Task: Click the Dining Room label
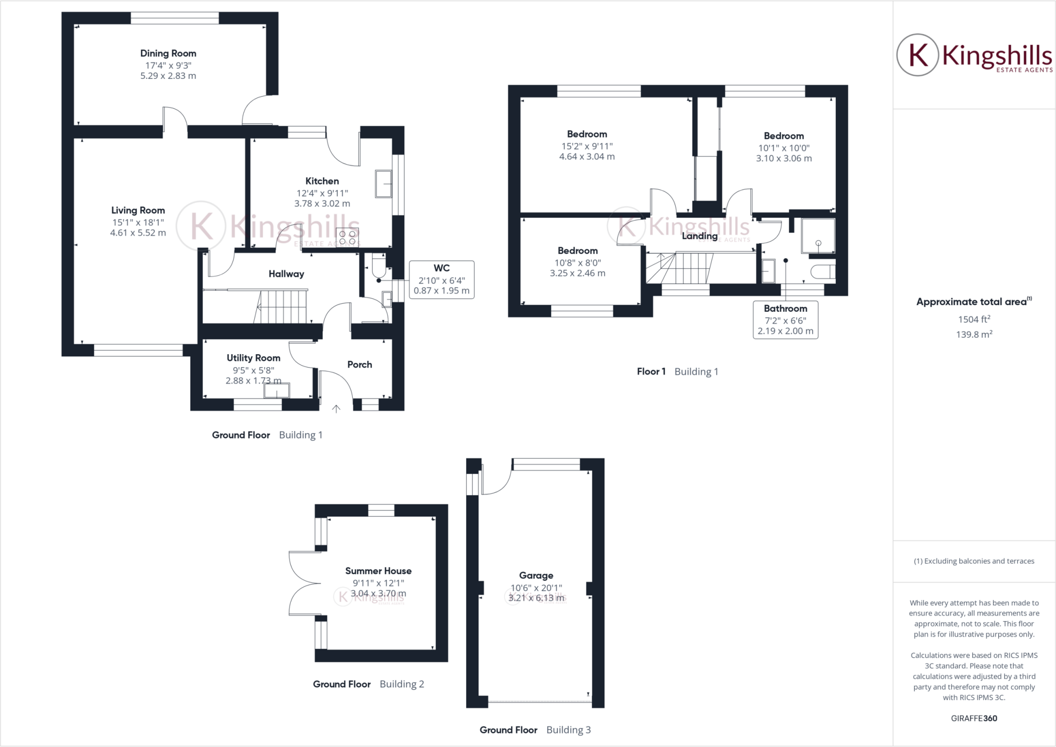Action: click(168, 53)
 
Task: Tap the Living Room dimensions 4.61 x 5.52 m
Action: click(138, 233)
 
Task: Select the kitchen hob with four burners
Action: click(347, 238)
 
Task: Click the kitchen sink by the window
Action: click(383, 184)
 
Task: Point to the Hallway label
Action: click(286, 274)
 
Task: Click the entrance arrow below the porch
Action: click(336, 409)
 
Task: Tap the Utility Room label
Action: click(254, 358)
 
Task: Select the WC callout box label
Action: click(441, 268)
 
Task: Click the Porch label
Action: click(359, 364)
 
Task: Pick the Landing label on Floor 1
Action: click(700, 236)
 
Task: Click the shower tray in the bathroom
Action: click(818, 236)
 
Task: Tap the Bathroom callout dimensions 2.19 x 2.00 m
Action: click(785, 331)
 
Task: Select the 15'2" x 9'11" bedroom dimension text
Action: click(587, 146)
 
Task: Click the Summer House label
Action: click(378, 571)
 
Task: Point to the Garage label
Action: click(536, 575)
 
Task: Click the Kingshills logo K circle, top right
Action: click(917, 55)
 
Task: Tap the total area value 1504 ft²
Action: click(974, 319)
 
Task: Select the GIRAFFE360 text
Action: click(974, 718)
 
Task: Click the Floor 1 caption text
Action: click(651, 371)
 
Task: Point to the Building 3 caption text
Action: click(569, 730)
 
